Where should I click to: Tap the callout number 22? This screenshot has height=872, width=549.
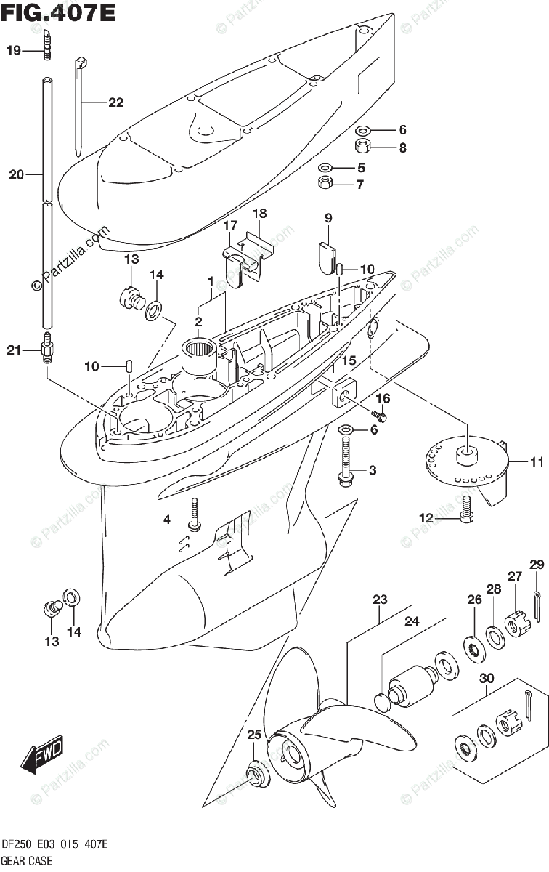(x=115, y=102)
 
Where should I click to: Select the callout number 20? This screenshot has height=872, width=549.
(x=16, y=174)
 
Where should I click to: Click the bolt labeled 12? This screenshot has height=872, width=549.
(x=465, y=511)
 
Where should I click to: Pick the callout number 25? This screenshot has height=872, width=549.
(x=253, y=735)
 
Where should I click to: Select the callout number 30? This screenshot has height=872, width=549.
(x=487, y=678)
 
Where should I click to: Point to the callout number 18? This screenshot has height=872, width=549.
(x=259, y=213)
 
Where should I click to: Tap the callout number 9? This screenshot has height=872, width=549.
(x=328, y=217)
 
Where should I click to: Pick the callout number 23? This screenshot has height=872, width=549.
(x=381, y=599)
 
